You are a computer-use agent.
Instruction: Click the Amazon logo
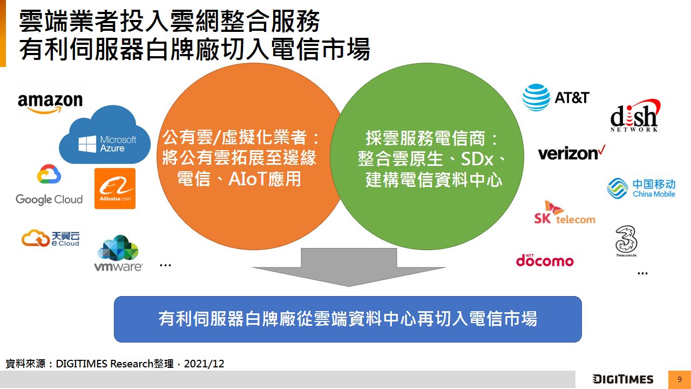point(50,103)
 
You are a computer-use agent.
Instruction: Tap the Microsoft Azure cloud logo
point(105,135)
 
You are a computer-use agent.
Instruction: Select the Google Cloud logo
point(49,185)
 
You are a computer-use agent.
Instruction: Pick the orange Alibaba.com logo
point(115,189)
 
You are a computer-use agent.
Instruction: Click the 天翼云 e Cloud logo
point(51,238)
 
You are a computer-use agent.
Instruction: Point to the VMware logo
point(118,253)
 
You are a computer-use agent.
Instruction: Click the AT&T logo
point(556,97)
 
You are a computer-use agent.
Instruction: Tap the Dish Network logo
point(635,116)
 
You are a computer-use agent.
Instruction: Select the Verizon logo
point(572,153)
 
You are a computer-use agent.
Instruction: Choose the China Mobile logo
point(641,188)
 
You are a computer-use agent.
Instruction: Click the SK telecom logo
point(565,212)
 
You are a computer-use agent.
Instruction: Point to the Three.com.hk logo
point(626,241)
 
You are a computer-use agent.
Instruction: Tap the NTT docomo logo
point(545,260)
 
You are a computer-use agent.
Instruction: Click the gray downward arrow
point(349,267)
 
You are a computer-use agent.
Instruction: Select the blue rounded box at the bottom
point(348,319)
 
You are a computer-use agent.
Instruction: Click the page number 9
point(680,379)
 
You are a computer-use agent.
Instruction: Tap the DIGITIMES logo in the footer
point(623,379)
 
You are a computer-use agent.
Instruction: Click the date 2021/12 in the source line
point(204,364)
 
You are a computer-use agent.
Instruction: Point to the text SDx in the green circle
point(477,159)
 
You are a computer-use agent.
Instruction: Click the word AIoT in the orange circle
point(247,178)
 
